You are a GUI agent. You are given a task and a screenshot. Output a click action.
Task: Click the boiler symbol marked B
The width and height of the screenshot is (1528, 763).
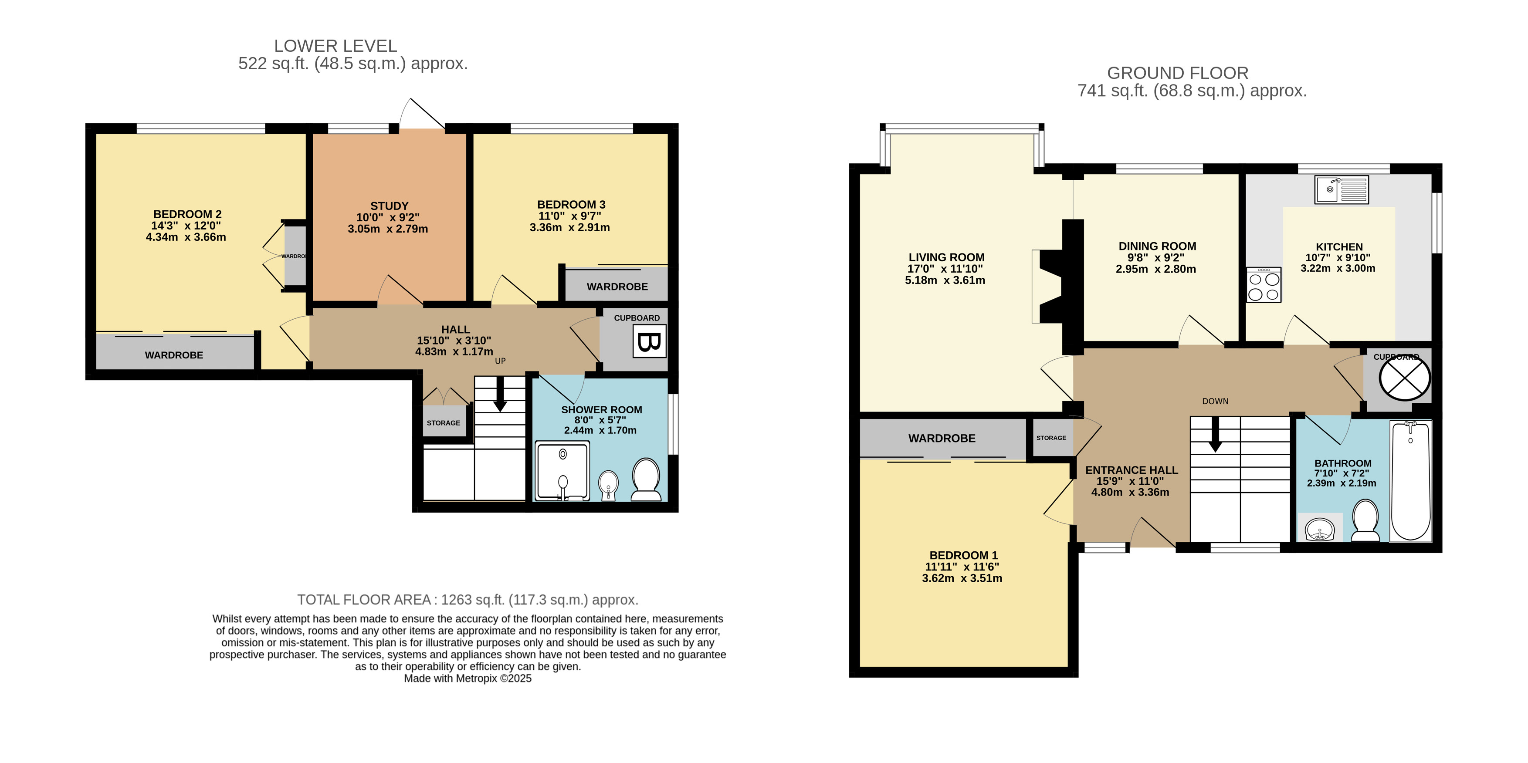click(649, 341)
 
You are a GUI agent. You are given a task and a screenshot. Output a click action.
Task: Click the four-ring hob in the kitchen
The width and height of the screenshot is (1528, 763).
click(1264, 285)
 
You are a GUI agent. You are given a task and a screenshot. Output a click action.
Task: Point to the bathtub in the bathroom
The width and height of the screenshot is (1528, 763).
click(1410, 481)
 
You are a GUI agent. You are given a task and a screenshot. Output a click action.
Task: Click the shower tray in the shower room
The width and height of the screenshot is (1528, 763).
click(562, 471)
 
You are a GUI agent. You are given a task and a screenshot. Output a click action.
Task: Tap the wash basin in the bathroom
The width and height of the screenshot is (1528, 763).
click(1320, 528)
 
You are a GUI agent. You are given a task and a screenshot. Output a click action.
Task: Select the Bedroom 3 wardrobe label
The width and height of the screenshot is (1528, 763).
click(617, 287)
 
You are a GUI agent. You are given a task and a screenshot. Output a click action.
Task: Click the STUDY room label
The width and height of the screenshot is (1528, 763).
click(389, 206)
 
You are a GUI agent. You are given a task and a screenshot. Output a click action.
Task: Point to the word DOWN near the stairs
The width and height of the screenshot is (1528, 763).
click(1215, 402)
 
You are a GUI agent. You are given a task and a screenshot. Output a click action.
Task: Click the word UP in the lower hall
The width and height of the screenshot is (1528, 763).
click(500, 361)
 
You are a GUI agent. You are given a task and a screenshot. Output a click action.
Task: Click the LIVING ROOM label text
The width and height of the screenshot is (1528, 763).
click(946, 257)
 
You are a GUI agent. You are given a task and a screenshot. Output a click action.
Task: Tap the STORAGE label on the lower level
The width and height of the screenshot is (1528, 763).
click(443, 423)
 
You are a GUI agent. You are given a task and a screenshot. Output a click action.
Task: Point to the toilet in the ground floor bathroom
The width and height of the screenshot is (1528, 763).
click(1365, 520)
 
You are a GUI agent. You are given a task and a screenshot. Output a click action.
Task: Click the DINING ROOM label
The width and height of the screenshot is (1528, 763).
click(1157, 246)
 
